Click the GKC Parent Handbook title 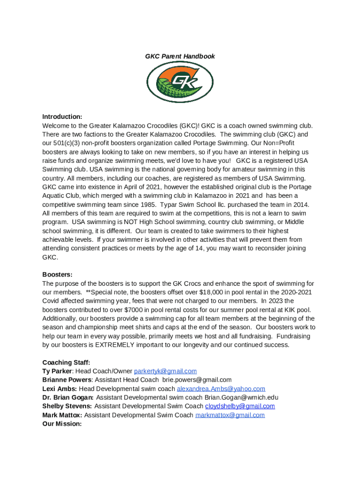pyautogui.click(x=180, y=56)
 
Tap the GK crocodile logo pyautogui.click(x=180, y=82)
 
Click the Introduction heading pyautogui.click(x=62, y=116)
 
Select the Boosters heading pyautogui.click(x=58, y=275)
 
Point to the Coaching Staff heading pyautogui.click(x=66, y=363)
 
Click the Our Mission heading pyautogui.click(x=62, y=424)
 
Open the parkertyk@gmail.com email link pyautogui.click(x=165, y=371)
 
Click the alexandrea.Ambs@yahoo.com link pyautogui.click(x=221, y=389)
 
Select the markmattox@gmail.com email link pyautogui.click(x=230, y=415)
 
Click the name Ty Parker pyautogui.click(x=55, y=371)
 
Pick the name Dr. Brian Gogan pyautogui.click(x=67, y=398)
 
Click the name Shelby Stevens pyautogui.click(x=67, y=406)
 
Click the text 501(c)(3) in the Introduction pyautogui.click(x=69, y=143)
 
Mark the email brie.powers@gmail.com pyautogui.click(x=196, y=380)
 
